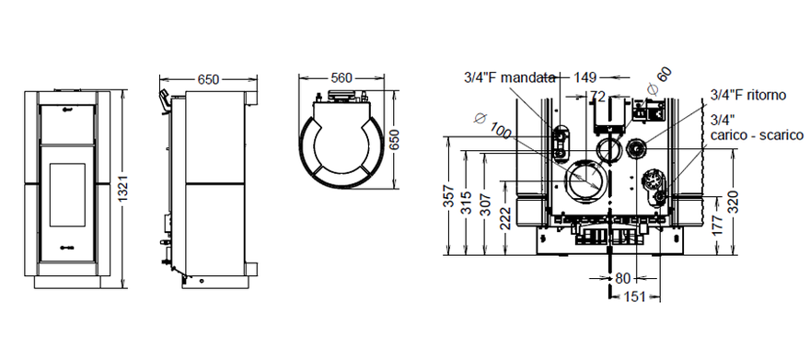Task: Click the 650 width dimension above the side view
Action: pos(208,79)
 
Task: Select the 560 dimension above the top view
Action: pos(341,78)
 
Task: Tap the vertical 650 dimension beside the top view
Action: pos(395,139)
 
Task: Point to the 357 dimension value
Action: pos(449,196)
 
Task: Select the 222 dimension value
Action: pos(506,218)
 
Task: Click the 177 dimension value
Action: pos(718,226)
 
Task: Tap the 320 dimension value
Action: pos(734,202)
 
